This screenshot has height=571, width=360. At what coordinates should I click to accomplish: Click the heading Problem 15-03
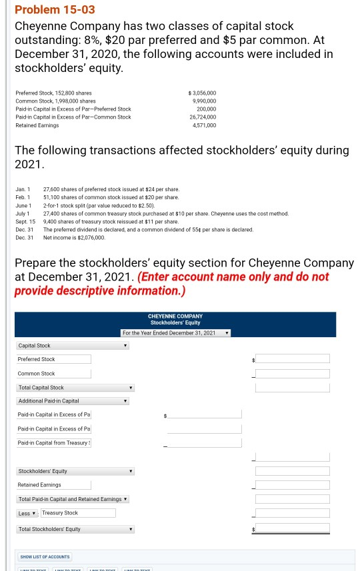(x=45, y=9)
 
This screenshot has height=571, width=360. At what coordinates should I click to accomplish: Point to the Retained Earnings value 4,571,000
(x=203, y=125)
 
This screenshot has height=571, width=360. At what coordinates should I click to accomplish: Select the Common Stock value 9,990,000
(x=203, y=101)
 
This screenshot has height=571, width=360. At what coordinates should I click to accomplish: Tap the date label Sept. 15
(x=25, y=221)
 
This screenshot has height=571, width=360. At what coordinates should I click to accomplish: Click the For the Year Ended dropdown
(x=176, y=332)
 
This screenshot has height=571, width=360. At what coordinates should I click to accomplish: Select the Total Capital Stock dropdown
(x=75, y=387)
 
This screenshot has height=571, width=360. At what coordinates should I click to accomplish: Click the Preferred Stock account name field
(x=53, y=359)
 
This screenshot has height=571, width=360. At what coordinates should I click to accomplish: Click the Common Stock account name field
(x=53, y=374)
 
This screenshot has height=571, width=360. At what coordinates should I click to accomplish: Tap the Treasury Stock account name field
(x=78, y=513)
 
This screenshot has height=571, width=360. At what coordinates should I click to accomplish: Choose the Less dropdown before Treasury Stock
(x=27, y=513)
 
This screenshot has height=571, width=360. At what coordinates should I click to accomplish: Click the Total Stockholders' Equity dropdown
(x=75, y=530)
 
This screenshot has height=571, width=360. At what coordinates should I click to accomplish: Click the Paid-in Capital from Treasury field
(x=53, y=443)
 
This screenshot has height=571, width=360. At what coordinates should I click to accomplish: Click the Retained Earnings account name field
(x=53, y=484)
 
